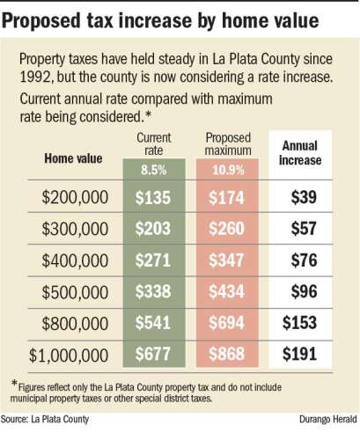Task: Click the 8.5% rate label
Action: [x=154, y=171]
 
